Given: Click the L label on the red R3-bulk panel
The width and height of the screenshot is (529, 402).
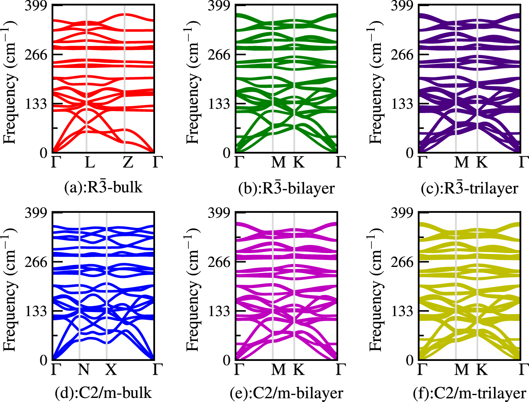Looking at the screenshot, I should (x=89, y=162).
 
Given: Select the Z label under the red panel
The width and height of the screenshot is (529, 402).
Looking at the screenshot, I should (x=128, y=162).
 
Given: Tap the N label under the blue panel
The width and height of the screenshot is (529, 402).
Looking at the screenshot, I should (x=83, y=369).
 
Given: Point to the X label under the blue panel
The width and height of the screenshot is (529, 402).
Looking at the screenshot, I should (x=111, y=369).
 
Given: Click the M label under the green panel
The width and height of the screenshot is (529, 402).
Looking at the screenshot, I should (x=278, y=162).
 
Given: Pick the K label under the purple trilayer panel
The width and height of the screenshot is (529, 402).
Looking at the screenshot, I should (x=482, y=162).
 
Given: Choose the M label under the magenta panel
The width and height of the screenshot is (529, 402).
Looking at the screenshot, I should (x=278, y=369).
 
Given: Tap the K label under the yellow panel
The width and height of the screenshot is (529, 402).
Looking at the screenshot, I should (x=482, y=369).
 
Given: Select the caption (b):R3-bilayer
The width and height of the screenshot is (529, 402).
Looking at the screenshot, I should (x=286, y=188).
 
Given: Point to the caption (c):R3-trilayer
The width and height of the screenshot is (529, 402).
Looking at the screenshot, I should (x=470, y=188).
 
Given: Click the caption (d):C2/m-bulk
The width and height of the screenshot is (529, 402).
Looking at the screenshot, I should (x=103, y=393).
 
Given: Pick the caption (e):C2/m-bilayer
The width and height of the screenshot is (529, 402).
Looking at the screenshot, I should (x=286, y=393).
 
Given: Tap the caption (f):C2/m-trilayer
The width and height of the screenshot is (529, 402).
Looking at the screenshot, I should (x=470, y=393).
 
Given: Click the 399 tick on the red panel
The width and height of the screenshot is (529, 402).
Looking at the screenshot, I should (x=36, y=6).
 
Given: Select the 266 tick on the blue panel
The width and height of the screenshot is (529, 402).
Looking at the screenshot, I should (x=36, y=262).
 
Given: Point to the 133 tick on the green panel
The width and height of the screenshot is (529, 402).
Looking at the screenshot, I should (x=219, y=104).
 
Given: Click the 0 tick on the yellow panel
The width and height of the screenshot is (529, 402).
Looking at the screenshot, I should (x=410, y=360).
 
